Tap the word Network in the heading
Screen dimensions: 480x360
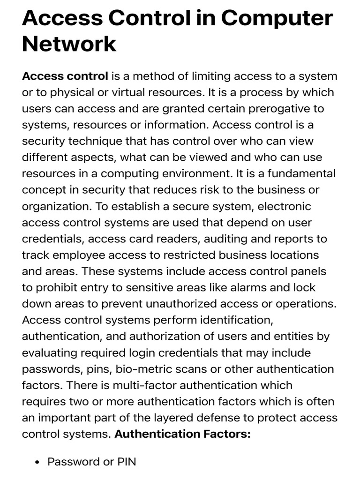tap(69, 44)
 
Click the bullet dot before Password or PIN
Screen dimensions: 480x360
tap(38, 462)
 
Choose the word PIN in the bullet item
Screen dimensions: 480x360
tap(127, 462)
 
